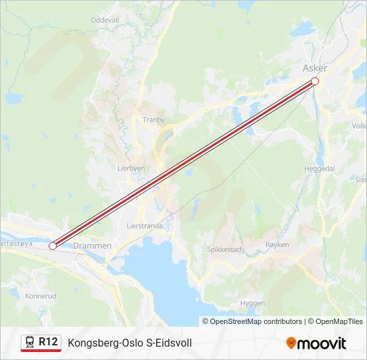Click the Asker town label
pyautogui.click(x=315, y=68)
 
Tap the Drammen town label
pyautogui.click(x=93, y=246)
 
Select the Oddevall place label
pyautogui.click(x=104, y=21)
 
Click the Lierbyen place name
pyautogui.click(x=131, y=169)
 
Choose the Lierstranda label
pyautogui.click(x=145, y=226)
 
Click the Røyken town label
pyautogui.click(x=278, y=245)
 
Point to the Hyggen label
pyautogui.click(x=252, y=303)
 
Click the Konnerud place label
pyautogui.click(x=40, y=295)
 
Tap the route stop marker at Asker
pyautogui.click(x=315, y=81)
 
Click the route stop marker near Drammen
pyautogui.click(x=53, y=246)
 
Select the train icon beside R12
pyautogui.click(x=29, y=343)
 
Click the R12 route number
pyautogui.click(x=49, y=342)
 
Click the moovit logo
pyautogui.click(x=316, y=343)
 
